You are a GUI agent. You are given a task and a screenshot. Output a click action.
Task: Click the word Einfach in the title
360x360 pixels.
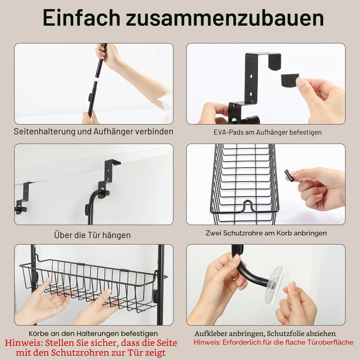click(81, 18)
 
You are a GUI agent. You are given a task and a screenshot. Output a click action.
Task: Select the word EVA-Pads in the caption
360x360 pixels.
click(228, 132)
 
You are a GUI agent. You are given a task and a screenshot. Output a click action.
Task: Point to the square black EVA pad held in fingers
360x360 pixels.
click(289, 79)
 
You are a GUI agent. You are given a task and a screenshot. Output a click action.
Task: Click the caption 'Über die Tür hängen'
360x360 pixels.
click(92, 235)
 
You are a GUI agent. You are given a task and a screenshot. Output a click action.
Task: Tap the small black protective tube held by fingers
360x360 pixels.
click(289, 175)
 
